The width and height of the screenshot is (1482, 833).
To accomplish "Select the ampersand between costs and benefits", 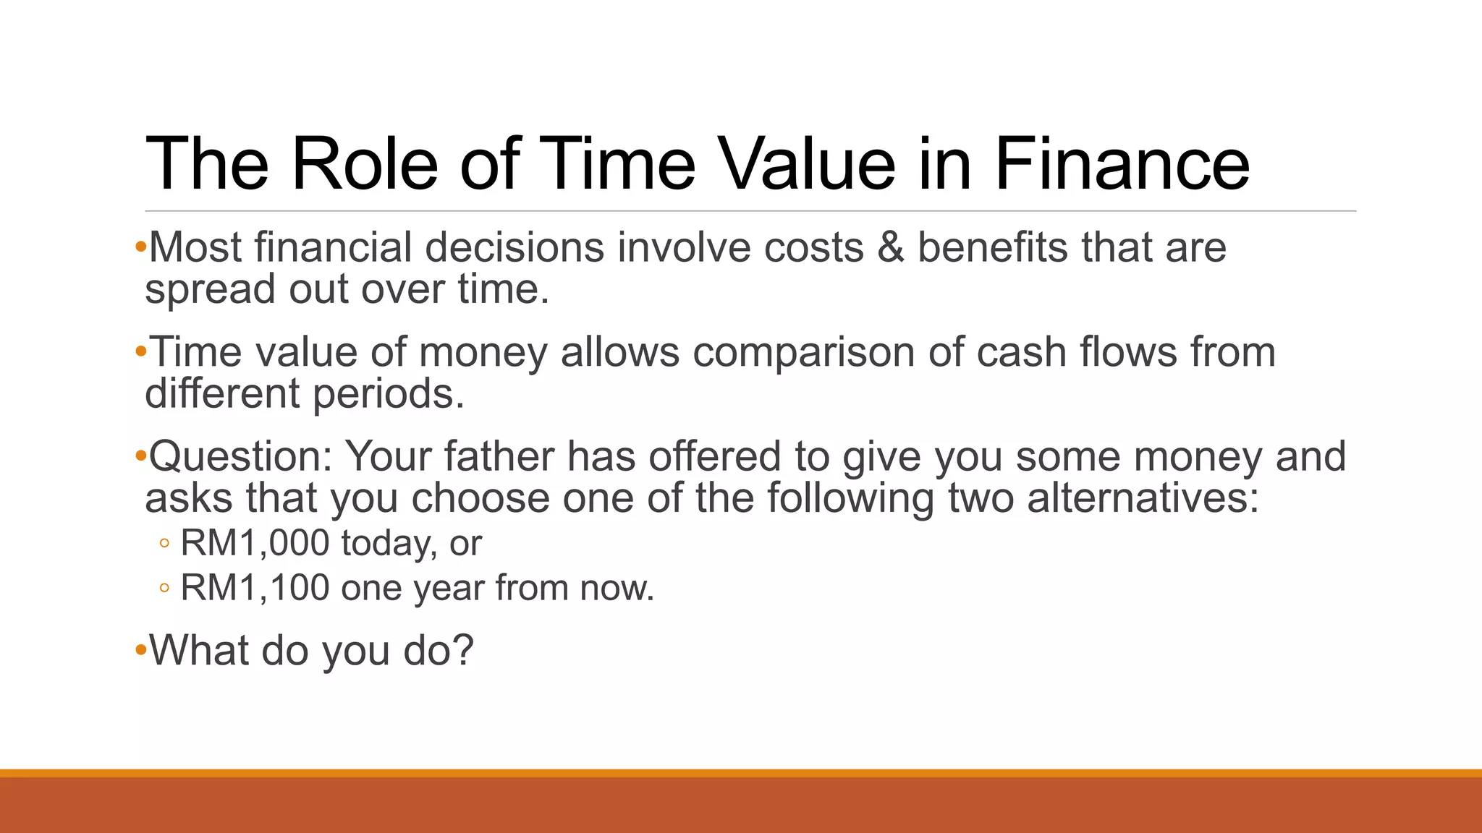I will click(x=891, y=248).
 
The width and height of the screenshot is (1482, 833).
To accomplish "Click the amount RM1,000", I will click(x=255, y=543).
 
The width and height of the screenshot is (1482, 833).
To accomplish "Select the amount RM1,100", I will click(x=255, y=588).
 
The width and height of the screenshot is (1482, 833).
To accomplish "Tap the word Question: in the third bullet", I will click(x=240, y=458).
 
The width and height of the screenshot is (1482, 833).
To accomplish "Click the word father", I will click(x=499, y=458).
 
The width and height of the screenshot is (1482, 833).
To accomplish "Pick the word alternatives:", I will click(x=1143, y=499).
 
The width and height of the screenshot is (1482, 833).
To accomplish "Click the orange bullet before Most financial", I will click(x=140, y=248).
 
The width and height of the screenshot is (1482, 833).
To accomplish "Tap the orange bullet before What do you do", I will click(x=140, y=650).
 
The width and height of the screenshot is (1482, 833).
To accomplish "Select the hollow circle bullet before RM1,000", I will click(x=164, y=544).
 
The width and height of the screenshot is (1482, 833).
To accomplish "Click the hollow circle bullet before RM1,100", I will click(x=164, y=589).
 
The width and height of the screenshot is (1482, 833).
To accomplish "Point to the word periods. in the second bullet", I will click(x=389, y=395).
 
